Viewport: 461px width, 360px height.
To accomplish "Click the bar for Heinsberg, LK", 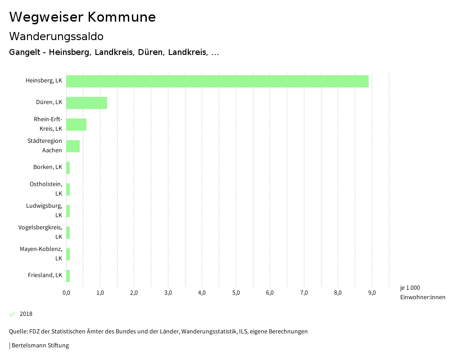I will click(217, 81).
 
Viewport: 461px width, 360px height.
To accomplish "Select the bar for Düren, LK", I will click(86, 103).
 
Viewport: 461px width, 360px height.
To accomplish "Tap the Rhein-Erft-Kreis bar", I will click(76, 124).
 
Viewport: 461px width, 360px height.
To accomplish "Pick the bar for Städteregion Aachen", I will click(73, 146).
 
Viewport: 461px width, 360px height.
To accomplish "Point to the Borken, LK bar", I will click(68, 168).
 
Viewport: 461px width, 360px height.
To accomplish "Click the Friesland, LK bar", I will click(68, 276).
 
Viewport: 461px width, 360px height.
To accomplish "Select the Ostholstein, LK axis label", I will click(46, 188).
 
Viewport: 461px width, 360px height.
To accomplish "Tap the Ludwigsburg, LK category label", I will click(44, 210).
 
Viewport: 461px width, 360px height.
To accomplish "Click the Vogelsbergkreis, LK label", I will click(41, 232).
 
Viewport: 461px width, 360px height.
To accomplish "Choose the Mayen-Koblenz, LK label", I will click(41, 253).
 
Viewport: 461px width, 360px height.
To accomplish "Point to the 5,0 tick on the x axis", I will click(236, 293).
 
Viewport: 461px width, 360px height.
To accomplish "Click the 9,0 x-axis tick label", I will click(372, 293).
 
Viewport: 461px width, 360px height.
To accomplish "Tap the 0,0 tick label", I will click(66, 293).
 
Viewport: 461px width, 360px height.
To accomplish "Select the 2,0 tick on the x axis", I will click(134, 293).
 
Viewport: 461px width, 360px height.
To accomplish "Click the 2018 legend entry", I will click(26, 314).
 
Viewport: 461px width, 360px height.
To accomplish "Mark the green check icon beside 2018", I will click(12, 314).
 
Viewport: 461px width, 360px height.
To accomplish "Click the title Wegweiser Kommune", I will click(82, 17).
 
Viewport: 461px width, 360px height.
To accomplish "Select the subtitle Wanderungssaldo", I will click(56, 36).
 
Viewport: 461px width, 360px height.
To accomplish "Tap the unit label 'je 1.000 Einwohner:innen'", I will click(422, 292).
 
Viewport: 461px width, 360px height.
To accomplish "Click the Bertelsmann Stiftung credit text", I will click(39, 346).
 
